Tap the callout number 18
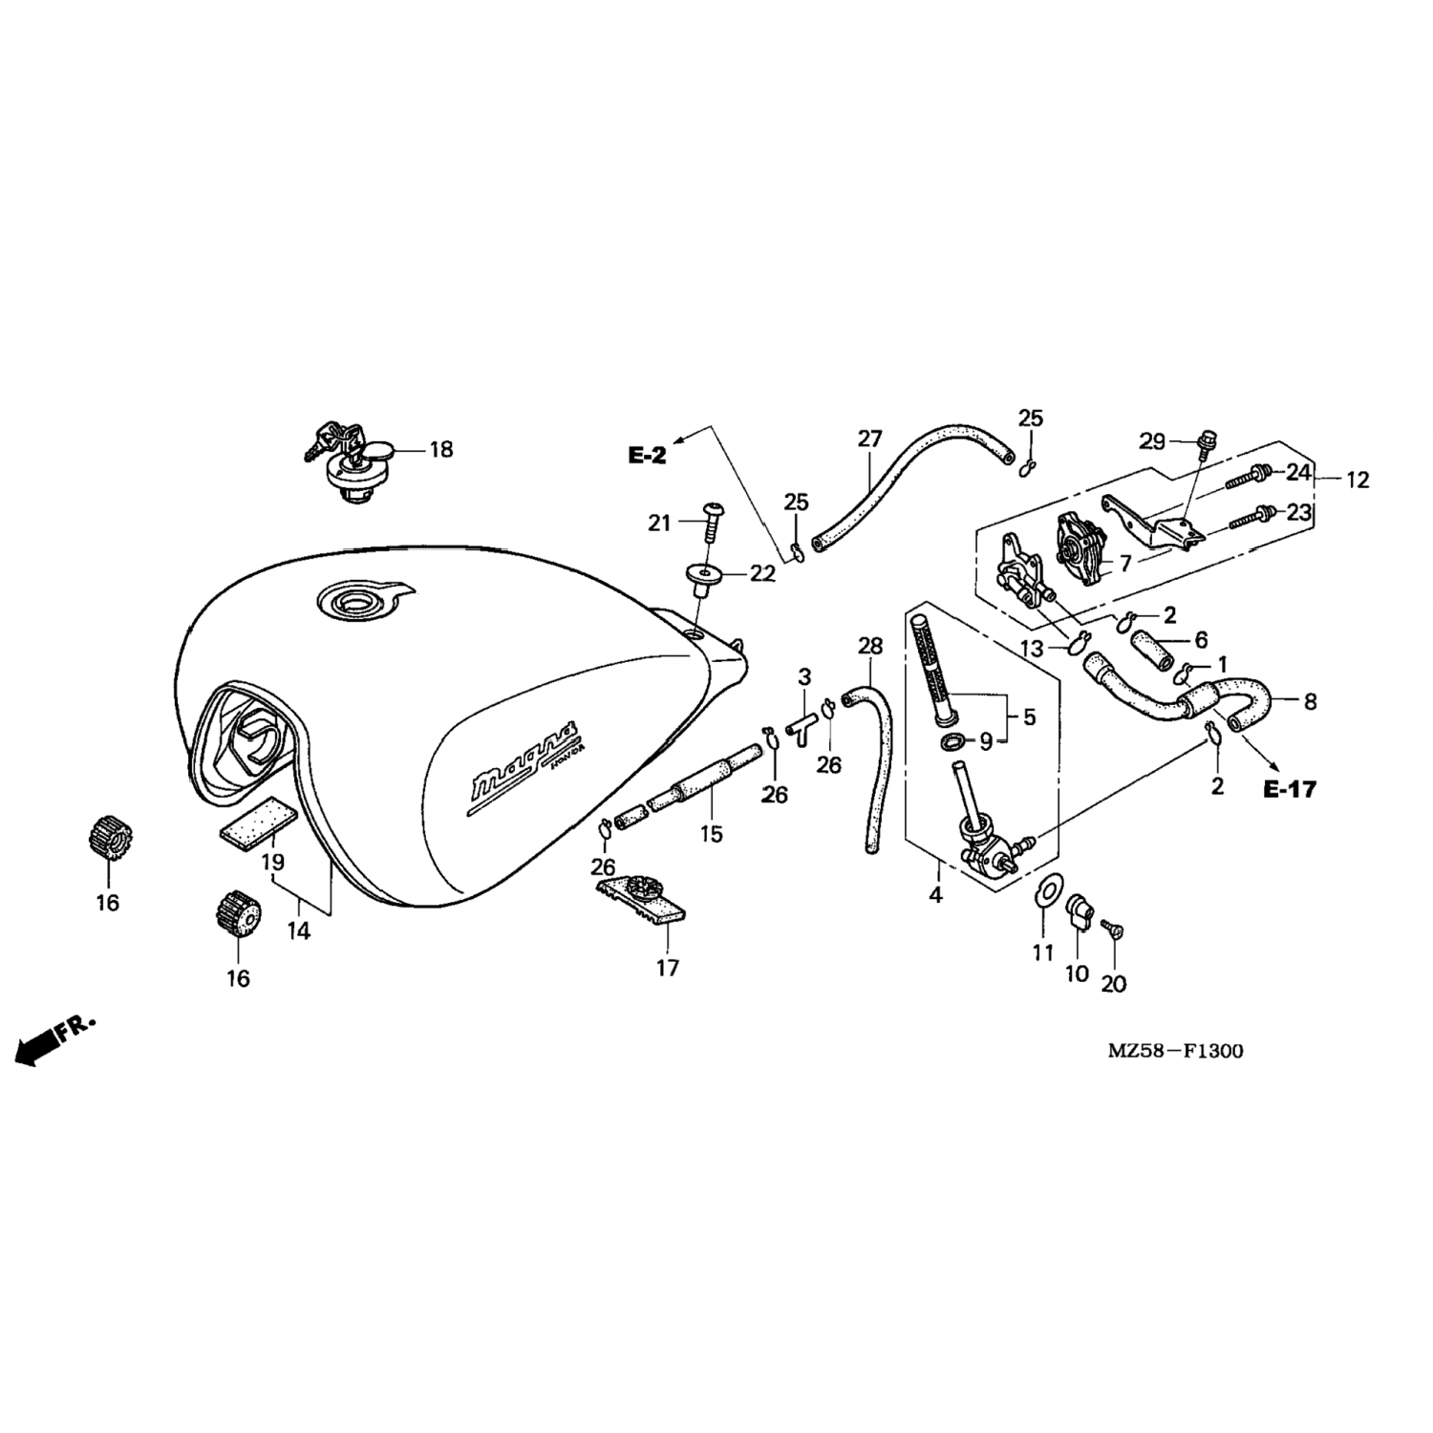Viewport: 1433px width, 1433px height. coord(440,449)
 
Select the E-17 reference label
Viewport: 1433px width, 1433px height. coord(1290,789)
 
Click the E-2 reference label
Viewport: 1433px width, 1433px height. coord(647,456)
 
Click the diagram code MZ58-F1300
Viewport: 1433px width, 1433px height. coord(1175,1052)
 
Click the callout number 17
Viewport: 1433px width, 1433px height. coord(667,968)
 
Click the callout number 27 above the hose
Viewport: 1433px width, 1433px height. coord(869,438)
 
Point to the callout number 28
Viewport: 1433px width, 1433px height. coord(870,646)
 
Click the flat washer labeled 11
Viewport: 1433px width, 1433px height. coord(1047,890)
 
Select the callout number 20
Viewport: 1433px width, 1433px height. coord(1114,983)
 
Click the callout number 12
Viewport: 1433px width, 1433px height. coord(1358,480)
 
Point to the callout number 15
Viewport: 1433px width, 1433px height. coord(711,834)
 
